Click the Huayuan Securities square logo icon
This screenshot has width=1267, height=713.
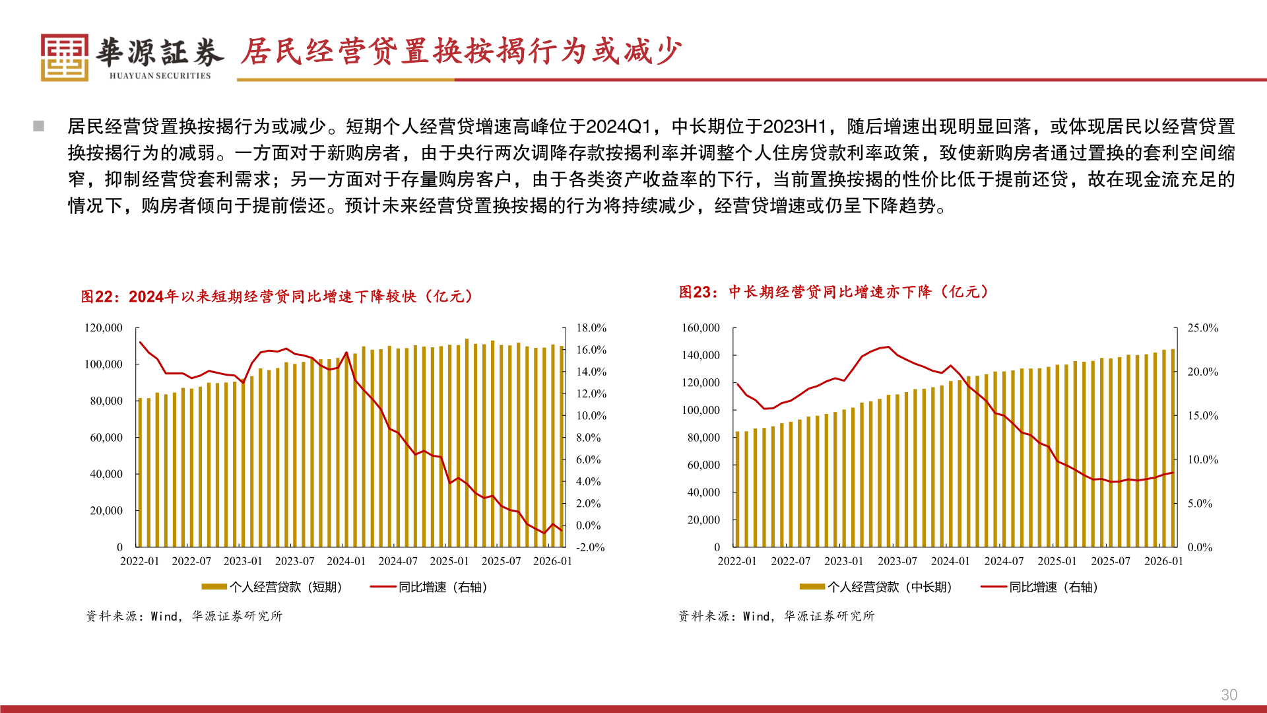click(64, 57)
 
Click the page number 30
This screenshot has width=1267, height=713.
click(1229, 695)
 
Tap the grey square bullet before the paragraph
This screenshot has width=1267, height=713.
click(39, 126)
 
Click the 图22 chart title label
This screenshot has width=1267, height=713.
click(277, 296)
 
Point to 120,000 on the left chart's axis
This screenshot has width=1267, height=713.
click(104, 328)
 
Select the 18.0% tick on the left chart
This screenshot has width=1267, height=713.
click(591, 328)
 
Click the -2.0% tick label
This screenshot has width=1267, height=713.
click(590, 547)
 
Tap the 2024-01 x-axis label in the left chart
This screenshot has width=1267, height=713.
click(346, 561)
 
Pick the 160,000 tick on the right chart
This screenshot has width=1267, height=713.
click(700, 328)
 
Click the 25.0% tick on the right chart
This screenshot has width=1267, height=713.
click(1202, 328)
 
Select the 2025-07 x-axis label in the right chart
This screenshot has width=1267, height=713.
click(1110, 561)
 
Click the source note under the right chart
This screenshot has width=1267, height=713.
click(776, 616)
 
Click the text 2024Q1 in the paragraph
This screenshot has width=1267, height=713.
click(618, 126)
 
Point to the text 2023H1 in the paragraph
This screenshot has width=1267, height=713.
click(795, 126)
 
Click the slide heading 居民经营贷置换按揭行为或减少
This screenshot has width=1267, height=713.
click(461, 51)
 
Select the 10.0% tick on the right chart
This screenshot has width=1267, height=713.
click(1202, 459)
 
